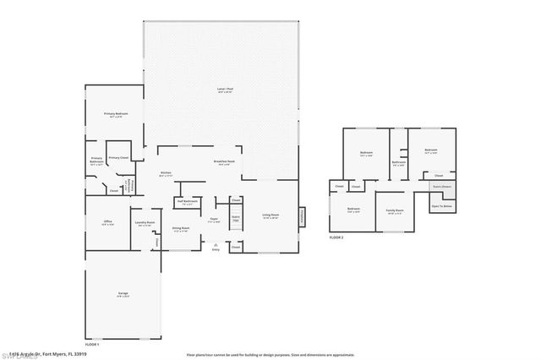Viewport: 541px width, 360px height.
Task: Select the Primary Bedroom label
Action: (x=117, y=114)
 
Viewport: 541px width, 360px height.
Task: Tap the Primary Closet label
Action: (x=118, y=157)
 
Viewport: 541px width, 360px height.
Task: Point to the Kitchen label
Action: (x=167, y=173)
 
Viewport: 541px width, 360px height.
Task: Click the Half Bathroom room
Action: (x=187, y=203)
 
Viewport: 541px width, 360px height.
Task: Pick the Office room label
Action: (x=107, y=222)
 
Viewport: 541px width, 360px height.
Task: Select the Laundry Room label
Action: (x=144, y=223)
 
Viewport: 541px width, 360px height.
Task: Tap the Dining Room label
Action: (x=181, y=228)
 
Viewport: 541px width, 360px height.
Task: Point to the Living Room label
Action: (x=270, y=215)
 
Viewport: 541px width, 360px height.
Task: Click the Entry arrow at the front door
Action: (x=216, y=246)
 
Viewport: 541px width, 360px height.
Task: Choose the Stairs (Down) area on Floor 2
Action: (x=441, y=187)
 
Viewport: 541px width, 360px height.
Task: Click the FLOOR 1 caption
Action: (x=91, y=345)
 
